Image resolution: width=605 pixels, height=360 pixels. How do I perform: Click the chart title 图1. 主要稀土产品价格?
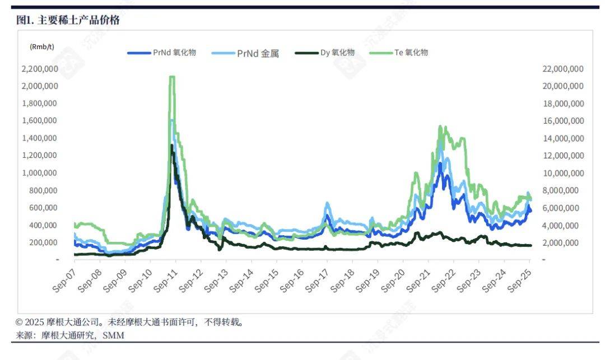tap(68, 21)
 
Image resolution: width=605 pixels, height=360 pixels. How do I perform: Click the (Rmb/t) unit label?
tap(42, 48)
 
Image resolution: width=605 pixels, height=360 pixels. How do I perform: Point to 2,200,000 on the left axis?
tap(40, 69)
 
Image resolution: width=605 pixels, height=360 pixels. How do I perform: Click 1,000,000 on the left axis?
tap(40, 173)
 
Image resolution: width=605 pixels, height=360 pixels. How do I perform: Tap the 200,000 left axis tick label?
tap(45, 242)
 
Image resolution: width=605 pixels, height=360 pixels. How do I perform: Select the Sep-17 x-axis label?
tap(319, 278)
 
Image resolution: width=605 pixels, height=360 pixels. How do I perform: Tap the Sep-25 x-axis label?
tap(521, 278)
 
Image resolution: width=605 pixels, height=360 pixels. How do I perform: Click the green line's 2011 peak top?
tap(172, 77)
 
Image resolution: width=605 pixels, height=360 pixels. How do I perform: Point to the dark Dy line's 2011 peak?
tap(171, 145)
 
